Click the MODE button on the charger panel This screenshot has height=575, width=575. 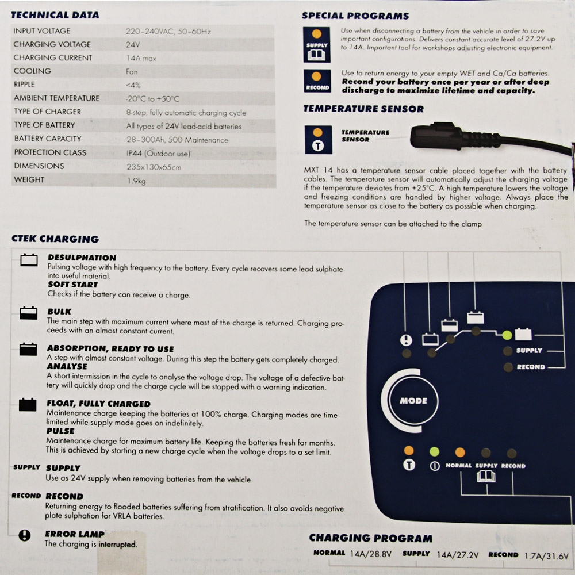tap(413, 401)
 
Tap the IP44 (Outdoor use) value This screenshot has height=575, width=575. tap(159, 154)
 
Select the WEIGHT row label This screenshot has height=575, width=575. tap(29, 179)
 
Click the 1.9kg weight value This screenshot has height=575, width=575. tap(136, 181)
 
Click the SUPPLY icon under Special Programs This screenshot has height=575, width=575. tap(316, 44)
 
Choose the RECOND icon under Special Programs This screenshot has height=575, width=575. tap(317, 80)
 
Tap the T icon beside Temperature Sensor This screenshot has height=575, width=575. tap(318, 139)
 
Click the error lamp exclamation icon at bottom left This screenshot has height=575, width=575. tap(25, 535)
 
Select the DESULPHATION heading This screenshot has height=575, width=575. tap(82, 258)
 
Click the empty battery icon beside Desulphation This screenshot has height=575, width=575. tap(29, 260)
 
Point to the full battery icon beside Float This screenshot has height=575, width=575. tap(28, 404)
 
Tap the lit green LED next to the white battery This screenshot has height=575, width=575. tap(507, 335)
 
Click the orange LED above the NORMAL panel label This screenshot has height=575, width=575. tap(460, 452)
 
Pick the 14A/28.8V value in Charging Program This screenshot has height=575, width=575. tap(371, 554)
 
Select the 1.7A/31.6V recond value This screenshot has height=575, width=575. tap(546, 555)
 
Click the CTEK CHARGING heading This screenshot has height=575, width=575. tap(55, 239)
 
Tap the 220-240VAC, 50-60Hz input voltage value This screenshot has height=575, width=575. tap(168, 32)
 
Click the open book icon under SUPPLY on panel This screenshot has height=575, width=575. tap(486, 477)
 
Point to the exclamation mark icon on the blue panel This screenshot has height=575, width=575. tap(406, 340)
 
